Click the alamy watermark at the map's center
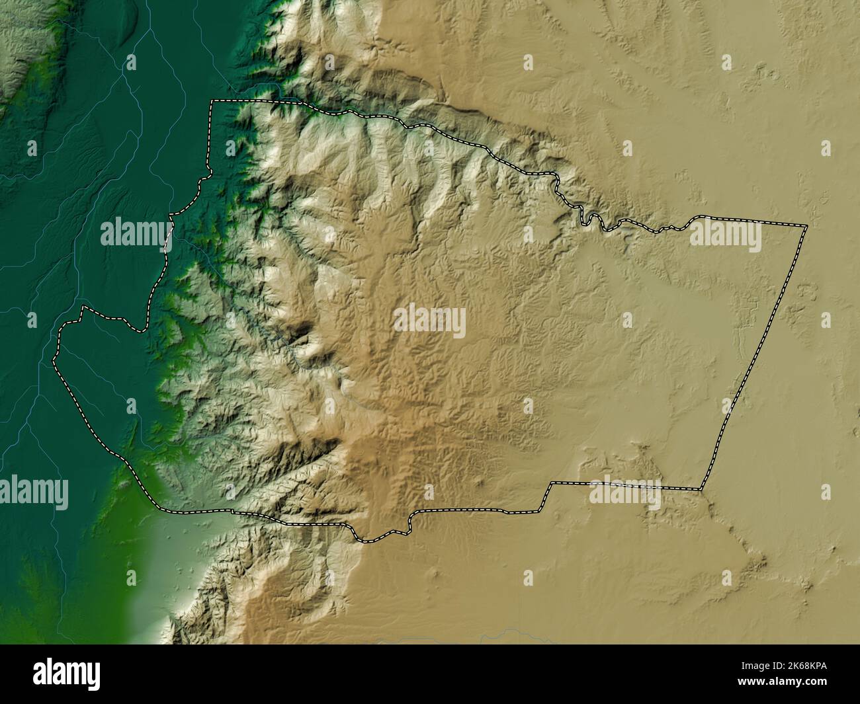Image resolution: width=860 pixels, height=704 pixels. pyautogui.click(x=430, y=322)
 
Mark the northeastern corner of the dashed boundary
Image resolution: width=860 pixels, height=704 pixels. pyautogui.click(x=806, y=227)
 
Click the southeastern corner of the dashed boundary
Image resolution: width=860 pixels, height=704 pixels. pyautogui.click(x=701, y=489)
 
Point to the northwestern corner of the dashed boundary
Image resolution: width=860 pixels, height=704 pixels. pyautogui.click(x=212, y=101)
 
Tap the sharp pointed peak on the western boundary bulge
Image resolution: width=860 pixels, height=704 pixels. pyautogui.click(x=83, y=307)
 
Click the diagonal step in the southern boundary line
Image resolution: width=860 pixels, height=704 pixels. pyautogui.click(x=546, y=496)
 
